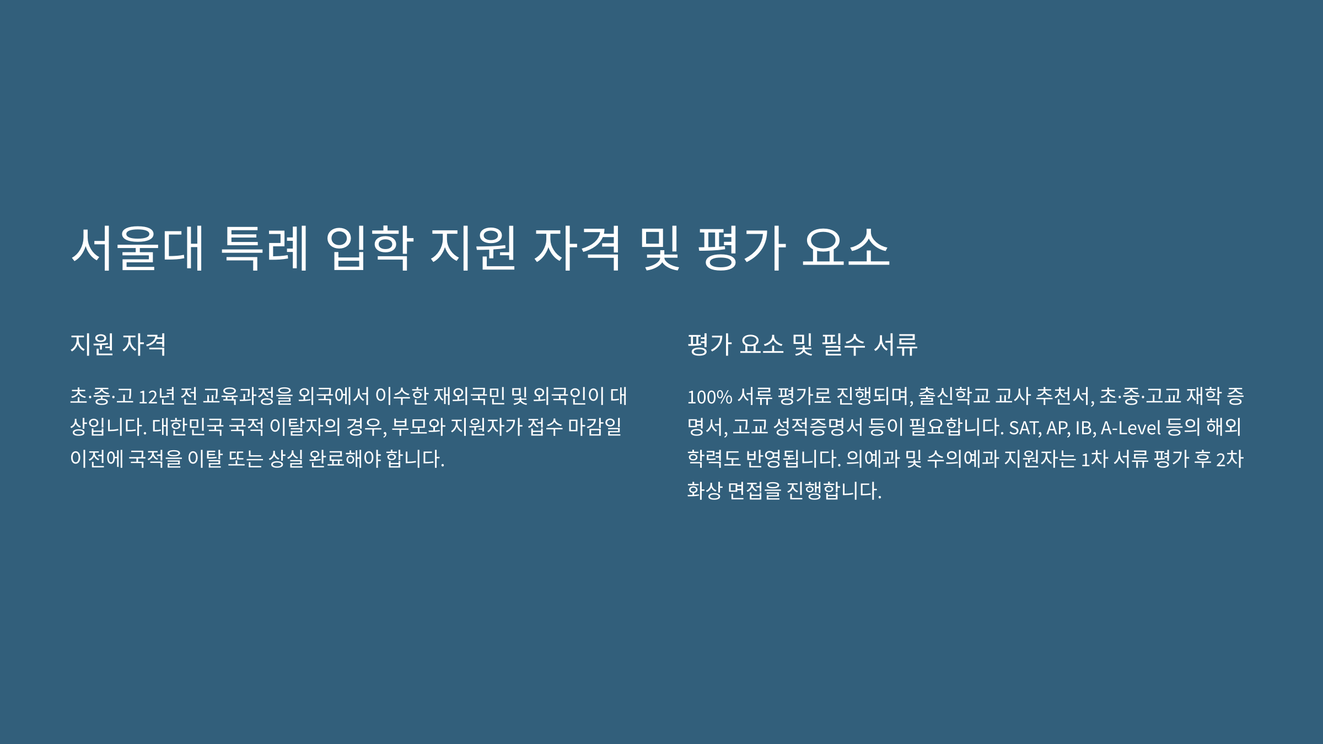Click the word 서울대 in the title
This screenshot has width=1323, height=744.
tap(138, 248)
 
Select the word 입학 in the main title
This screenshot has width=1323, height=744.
tap(369, 248)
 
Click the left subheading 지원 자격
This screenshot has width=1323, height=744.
tap(118, 344)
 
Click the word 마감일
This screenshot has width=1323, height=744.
tap(595, 427)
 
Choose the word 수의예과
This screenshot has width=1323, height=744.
tap(962, 459)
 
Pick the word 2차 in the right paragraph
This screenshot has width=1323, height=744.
tap(1230, 459)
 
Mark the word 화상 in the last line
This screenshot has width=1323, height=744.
tap(704, 490)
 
